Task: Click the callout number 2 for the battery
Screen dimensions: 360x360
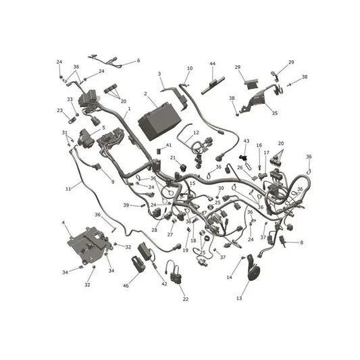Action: click(145, 94)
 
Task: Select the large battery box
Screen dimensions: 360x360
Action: click(159, 121)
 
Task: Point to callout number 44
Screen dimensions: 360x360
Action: click(213, 63)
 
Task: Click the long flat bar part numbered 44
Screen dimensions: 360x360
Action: click(213, 86)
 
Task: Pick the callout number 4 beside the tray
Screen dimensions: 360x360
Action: click(63, 222)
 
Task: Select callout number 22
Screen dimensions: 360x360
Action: click(186, 299)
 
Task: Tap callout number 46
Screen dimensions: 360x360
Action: click(126, 286)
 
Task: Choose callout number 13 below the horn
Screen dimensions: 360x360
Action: click(239, 298)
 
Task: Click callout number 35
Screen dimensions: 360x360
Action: click(275, 113)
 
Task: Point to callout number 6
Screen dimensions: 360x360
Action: click(138, 60)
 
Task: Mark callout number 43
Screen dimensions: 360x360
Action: click(247, 140)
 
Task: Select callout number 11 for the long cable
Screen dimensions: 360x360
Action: click(68, 188)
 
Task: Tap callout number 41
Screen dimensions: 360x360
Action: click(169, 145)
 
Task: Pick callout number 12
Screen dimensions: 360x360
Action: click(196, 132)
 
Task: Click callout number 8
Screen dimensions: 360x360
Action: click(301, 242)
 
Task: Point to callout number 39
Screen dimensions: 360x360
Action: click(126, 205)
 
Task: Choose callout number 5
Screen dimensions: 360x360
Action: click(103, 128)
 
